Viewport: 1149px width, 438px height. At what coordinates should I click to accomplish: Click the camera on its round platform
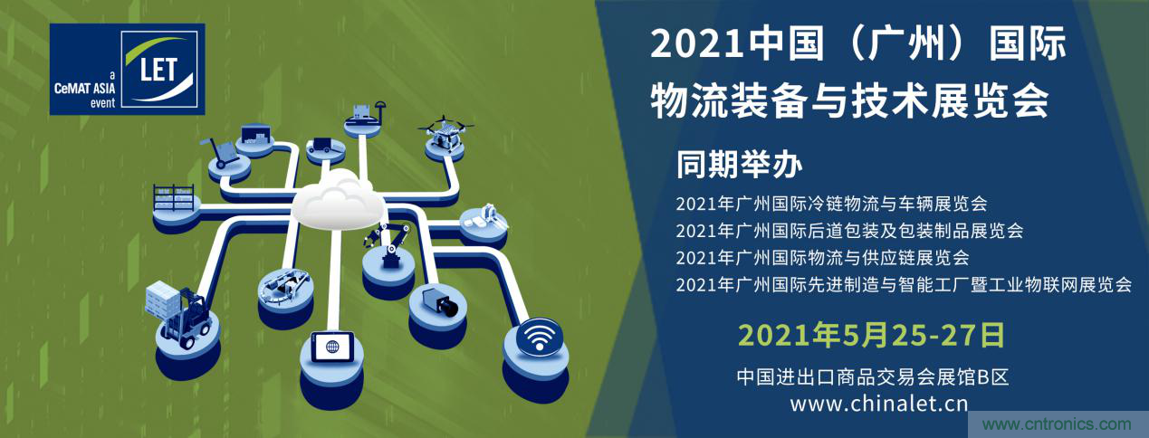[x=441, y=301]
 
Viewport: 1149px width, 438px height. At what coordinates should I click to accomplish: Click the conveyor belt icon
[x=284, y=285]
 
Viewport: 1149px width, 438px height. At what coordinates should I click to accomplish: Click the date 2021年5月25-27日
[x=871, y=335]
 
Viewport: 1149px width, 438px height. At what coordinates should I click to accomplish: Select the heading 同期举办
[x=740, y=166]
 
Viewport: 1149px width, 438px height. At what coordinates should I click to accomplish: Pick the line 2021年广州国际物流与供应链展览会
[x=822, y=257]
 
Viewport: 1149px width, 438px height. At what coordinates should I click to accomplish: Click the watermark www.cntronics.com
[x=1057, y=424]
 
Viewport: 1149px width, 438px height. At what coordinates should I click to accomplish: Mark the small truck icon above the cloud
[x=323, y=144]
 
